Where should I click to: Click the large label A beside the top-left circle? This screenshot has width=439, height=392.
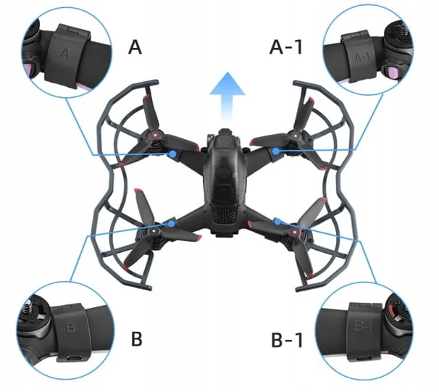(x=135, y=47)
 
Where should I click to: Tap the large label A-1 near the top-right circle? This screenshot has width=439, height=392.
(x=286, y=47)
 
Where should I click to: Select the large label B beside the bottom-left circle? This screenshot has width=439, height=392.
(x=137, y=339)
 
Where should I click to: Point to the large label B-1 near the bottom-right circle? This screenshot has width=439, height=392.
(x=287, y=340)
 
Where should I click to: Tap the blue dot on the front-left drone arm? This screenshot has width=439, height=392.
(x=173, y=154)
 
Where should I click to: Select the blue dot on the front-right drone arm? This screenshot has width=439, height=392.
(x=276, y=151)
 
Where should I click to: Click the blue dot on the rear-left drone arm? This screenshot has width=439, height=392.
(x=172, y=223)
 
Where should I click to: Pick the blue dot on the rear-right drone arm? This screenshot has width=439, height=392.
(x=277, y=222)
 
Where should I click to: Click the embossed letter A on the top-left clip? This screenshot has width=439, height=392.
(x=64, y=53)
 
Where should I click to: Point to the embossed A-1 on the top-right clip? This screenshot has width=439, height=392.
(x=362, y=58)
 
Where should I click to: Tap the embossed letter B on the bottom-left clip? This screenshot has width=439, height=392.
(x=70, y=328)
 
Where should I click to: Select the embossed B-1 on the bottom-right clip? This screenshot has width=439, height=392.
(x=364, y=327)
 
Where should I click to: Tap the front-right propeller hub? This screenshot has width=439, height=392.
(x=295, y=135)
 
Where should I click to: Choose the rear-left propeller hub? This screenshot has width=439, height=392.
(x=154, y=232)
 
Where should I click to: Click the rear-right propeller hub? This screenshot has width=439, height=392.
(x=295, y=232)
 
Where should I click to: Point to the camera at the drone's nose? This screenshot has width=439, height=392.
(x=223, y=135)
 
